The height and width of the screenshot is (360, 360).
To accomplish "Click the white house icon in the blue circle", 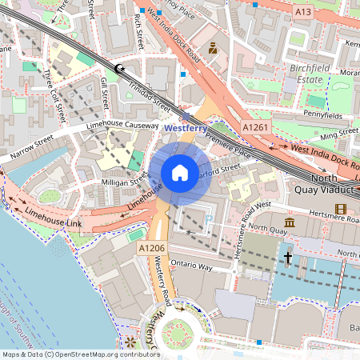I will pyautogui.click(x=180, y=172).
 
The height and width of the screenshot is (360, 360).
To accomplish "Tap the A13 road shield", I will pyautogui.click(x=303, y=12).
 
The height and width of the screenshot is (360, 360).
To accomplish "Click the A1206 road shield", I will pyautogui.click(x=152, y=250).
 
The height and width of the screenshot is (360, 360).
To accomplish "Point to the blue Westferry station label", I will pyautogui.click(x=186, y=127).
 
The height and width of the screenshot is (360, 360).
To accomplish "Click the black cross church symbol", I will pyautogui.click(x=288, y=258).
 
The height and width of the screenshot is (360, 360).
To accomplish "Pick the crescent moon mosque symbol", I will pyautogui.click(x=120, y=70).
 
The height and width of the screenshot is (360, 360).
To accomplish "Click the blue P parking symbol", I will pyautogui.click(x=209, y=218).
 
